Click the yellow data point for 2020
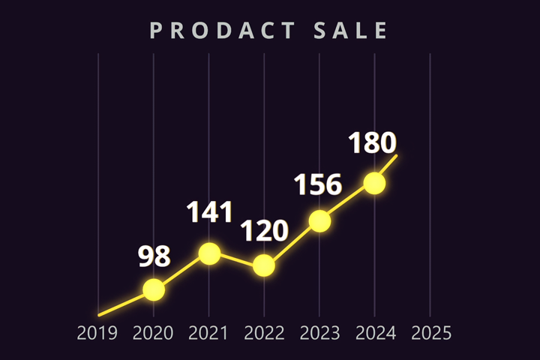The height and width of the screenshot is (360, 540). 154,289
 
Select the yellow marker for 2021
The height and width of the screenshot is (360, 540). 209,253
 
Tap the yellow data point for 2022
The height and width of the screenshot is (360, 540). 264,265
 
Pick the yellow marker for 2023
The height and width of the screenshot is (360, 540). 319,221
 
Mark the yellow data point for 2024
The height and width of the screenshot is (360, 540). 374,184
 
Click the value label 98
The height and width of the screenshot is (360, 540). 154,256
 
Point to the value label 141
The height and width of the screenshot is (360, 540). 210,213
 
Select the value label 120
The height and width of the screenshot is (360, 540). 265,231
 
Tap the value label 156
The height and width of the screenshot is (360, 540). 317,184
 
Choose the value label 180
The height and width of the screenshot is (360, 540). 372,142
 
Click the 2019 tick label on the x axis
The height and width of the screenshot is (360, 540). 97,333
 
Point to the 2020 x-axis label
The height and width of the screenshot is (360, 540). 153,333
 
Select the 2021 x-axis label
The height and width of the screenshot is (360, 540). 208,333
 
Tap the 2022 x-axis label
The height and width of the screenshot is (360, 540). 264,333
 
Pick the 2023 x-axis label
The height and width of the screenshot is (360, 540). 319,333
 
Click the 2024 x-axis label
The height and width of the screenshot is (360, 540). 375,333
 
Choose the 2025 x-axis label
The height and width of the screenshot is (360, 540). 430,333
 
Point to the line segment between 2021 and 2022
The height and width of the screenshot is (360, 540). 237,259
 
